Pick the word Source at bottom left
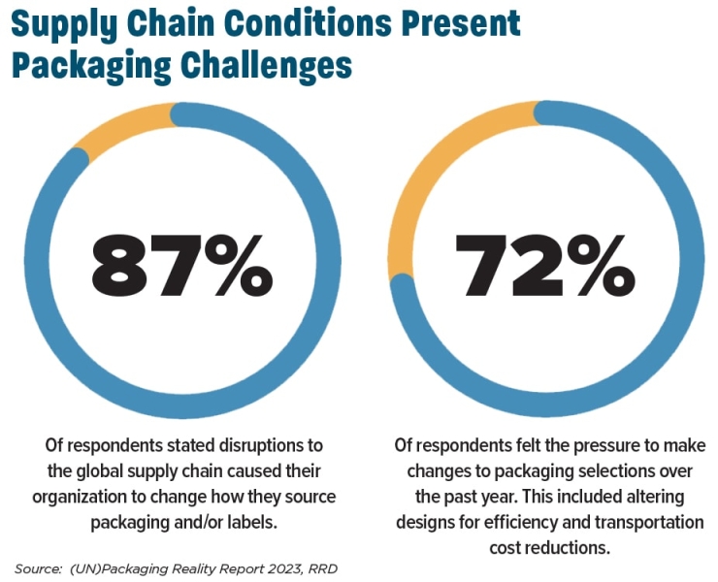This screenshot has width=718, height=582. (x=37, y=567)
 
